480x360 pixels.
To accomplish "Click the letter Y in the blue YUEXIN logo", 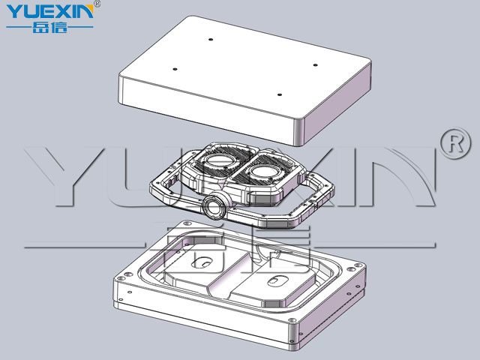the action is point(14,12).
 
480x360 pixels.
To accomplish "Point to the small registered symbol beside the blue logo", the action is point(97,3).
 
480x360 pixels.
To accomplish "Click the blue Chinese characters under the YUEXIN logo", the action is point(49,27).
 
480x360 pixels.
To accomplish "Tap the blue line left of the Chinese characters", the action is point(19,27).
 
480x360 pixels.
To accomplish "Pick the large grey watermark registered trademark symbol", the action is point(455,143).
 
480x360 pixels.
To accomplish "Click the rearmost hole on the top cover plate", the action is point(211,40).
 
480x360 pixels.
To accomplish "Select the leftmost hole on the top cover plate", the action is point(175,69).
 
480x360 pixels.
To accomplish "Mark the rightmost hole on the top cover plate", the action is point(315,65).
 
